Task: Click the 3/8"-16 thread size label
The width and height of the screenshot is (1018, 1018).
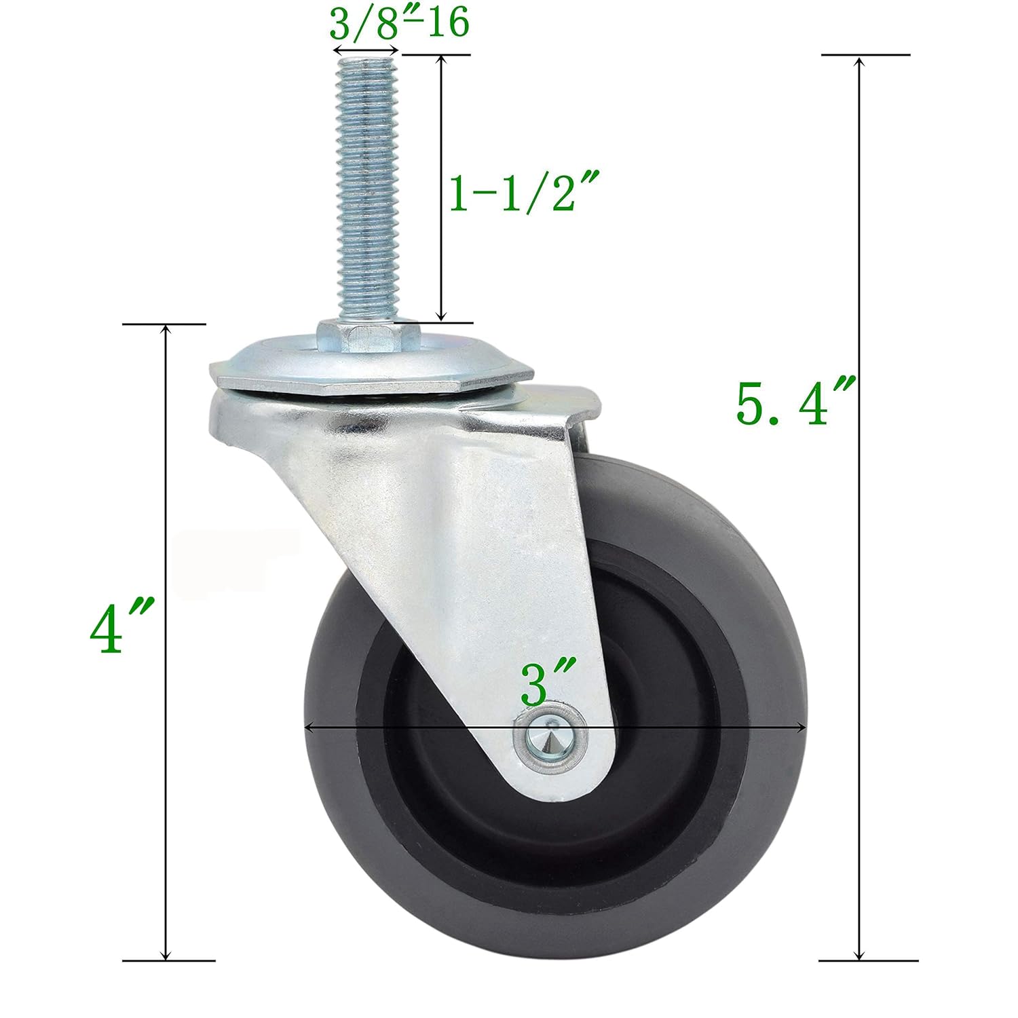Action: pos(399,24)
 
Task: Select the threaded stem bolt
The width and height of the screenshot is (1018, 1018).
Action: pos(366,190)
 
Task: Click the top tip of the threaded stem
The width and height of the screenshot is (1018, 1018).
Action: pos(366,61)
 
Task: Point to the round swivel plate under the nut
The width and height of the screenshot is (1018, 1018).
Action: pos(370,370)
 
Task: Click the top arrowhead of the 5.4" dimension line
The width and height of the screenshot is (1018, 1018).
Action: pos(860,62)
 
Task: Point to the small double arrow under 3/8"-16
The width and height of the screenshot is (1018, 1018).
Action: pos(366,50)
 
